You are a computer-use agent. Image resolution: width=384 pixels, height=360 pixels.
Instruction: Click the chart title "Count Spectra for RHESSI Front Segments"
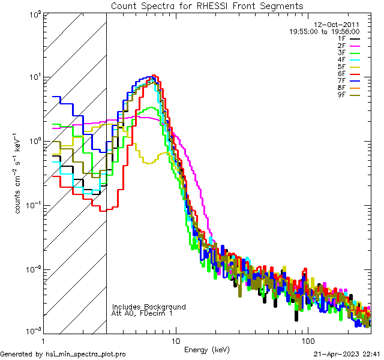[207, 6]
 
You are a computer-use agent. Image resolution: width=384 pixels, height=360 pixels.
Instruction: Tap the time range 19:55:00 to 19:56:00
[325, 31]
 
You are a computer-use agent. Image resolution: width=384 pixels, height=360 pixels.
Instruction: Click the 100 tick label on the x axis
[308, 340]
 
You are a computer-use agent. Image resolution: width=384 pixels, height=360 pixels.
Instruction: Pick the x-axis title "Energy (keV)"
[206, 349]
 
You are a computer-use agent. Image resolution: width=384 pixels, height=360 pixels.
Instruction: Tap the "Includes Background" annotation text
[149, 307]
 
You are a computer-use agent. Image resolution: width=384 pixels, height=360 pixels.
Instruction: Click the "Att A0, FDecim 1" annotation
[142, 313]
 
